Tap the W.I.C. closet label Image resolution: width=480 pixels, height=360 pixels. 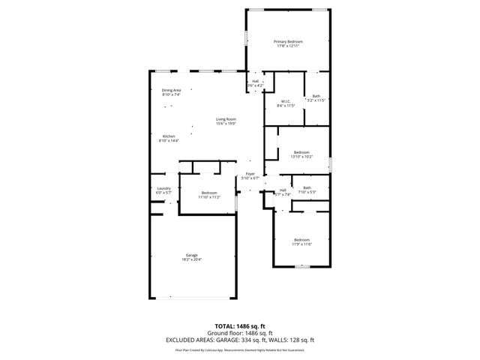(286, 100)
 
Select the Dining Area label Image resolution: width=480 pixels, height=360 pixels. (171, 90)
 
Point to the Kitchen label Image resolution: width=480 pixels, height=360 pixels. (169, 136)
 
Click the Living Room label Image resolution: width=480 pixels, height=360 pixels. (226, 119)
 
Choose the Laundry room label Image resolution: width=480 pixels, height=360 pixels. (163, 188)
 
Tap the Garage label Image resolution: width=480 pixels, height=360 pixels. (192, 255)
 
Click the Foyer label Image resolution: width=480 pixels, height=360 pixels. (250, 174)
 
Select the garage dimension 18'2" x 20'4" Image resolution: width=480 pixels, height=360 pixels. (192, 259)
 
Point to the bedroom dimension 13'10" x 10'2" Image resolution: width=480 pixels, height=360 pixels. (301, 157)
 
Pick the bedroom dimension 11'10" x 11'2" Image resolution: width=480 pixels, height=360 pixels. (209, 196)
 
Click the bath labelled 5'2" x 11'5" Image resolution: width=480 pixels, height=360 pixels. (316, 100)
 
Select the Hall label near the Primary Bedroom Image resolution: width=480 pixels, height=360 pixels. (255, 81)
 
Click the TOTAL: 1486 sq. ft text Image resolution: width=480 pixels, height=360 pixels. (240, 327)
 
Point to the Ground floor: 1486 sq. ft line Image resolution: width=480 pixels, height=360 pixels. (240, 333)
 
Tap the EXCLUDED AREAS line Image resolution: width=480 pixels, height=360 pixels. (240, 340)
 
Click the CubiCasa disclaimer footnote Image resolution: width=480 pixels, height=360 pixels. (240, 349)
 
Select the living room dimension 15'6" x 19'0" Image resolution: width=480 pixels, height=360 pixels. (226, 124)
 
